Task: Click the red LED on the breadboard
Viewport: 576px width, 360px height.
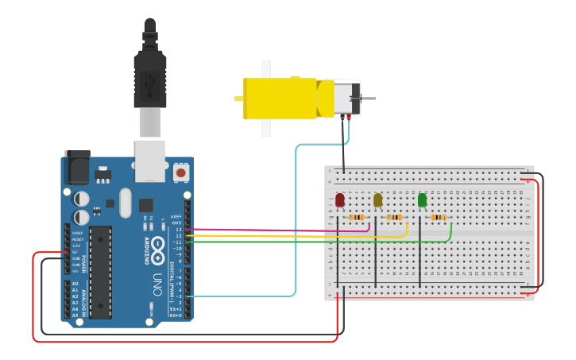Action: click(x=339, y=200)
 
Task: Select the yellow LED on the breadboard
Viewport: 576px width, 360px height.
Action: click(x=377, y=200)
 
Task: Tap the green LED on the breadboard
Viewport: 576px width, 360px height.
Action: click(x=422, y=200)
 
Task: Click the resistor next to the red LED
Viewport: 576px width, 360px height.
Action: click(x=357, y=217)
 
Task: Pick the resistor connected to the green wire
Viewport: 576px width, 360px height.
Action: click(x=439, y=217)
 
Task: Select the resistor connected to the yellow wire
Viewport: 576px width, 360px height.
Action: click(x=394, y=217)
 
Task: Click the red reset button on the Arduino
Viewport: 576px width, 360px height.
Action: click(x=180, y=172)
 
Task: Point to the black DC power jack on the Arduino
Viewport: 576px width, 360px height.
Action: click(x=77, y=167)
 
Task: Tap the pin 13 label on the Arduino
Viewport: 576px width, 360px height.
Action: click(x=180, y=230)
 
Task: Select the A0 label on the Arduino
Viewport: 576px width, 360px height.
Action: click(x=75, y=284)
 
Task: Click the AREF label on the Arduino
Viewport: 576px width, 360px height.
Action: click(x=176, y=216)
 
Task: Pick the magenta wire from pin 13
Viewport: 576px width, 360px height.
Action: click(x=278, y=230)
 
